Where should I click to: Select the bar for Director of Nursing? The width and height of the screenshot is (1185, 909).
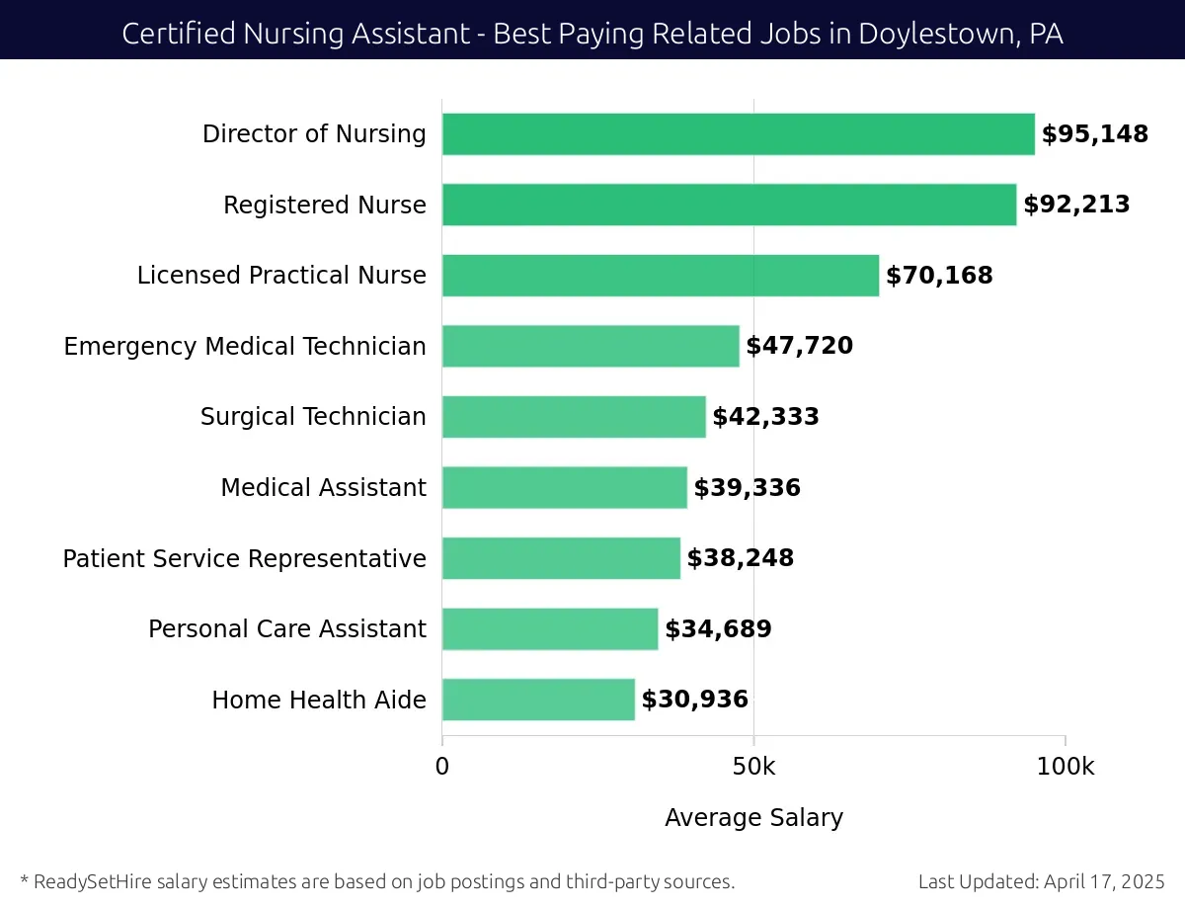coord(738,134)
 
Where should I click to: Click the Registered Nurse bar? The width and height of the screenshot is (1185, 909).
coord(729,205)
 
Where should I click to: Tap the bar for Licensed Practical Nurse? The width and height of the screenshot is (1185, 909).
coord(660,276)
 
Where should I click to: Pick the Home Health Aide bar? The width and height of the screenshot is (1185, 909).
coord(538,700)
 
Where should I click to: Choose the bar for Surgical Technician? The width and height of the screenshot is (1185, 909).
coord(574,417)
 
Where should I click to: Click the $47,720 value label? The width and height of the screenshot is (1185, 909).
coord(799,346)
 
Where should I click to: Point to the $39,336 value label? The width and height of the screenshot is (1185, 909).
coord(747,488)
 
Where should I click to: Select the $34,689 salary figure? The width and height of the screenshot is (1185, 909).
coord(718,629)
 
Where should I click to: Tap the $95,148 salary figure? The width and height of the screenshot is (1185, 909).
coord(1095,134)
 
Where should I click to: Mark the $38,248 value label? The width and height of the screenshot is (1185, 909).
coord(740,558)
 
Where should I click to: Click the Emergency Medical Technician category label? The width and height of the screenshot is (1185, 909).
coord(245,347)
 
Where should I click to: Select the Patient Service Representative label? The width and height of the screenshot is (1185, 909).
coord(244,559)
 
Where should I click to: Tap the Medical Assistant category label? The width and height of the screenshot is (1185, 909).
coord(323,488)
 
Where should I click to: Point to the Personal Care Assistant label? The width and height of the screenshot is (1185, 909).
coord(286,629)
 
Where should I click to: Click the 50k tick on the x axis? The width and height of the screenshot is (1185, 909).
coord(753,767)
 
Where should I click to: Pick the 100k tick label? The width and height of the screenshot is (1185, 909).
coord(1065,767)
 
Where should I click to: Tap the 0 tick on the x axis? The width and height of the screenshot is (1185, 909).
coord(442,767)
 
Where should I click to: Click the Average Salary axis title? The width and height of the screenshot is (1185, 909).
coord(753,818)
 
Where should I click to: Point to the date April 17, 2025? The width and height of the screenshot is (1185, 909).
coord(1103,881)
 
